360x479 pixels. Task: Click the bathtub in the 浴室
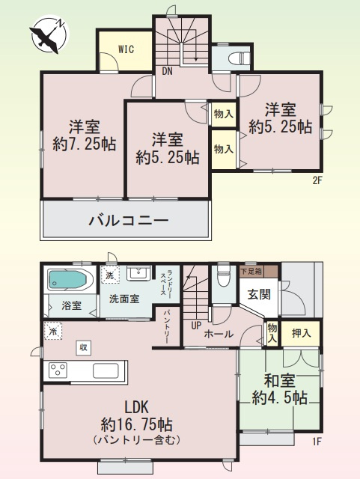pyautogui.click(x=69, y=281)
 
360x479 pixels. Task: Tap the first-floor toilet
pyautogui.click(x=222, y=278)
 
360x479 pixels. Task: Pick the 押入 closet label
pyautogui.click(x=301, y=331)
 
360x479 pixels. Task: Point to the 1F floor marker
pyautogui.click(x=317, y=441)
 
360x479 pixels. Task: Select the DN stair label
pyautogui.click(x=168, y=73)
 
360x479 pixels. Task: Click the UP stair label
pyautogui.click(x=196, y=326)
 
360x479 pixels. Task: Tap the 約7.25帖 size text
pyautogui.click(x=84, y=144)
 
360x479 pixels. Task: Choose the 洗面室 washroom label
pyautogui.click(x=123, y=299)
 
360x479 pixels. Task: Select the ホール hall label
pyautogui.click(x=219, y=334)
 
